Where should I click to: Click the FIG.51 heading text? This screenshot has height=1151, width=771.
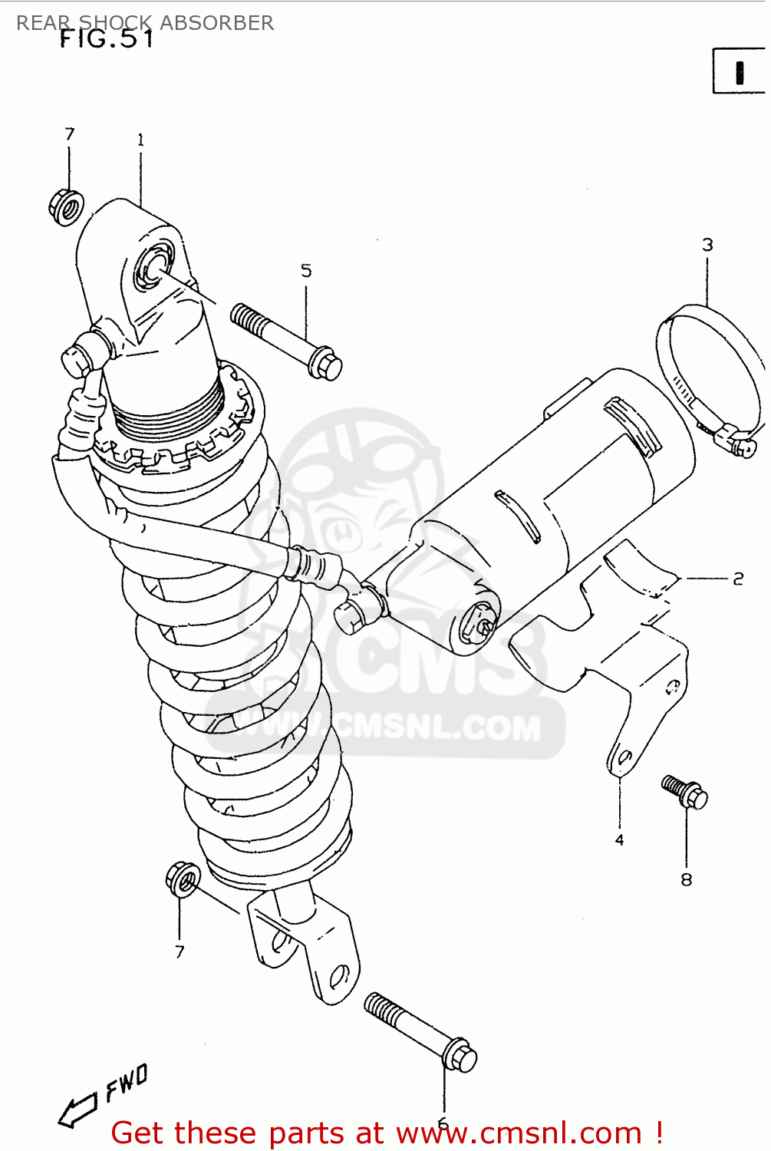107,39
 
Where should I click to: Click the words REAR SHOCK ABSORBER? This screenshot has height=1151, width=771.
145,22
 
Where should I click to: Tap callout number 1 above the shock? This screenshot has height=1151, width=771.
140,140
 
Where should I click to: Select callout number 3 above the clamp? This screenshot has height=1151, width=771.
707,245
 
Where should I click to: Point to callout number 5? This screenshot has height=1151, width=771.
306,271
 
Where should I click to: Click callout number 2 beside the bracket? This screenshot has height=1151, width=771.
738,579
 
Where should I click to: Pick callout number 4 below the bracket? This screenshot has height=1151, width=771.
619,840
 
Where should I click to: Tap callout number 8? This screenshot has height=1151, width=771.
686,880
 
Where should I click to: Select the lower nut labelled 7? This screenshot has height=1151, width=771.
183,879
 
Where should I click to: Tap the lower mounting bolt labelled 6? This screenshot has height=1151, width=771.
420,1032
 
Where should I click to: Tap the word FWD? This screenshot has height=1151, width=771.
127,1082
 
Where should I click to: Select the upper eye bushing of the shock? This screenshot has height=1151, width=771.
150,269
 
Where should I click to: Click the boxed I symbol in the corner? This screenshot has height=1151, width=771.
739,71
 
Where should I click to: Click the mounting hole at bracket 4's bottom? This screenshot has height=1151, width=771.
623,760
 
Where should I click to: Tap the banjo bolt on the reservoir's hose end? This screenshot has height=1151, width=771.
351,614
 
